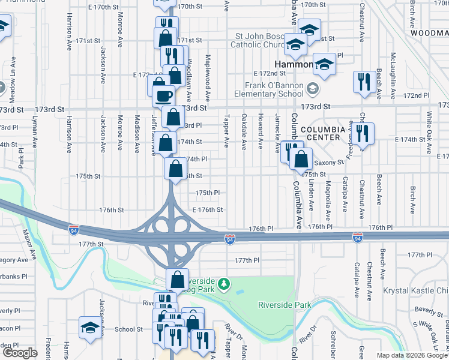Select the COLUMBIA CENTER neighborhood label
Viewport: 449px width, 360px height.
(x=323, y=133)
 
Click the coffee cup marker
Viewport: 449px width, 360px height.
(x=163, y=95)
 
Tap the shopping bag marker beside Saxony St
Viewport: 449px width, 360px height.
(x=302, y=160)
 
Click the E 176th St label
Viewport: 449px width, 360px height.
(x=208, y=210)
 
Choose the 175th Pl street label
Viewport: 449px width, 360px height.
(x=208, y=193)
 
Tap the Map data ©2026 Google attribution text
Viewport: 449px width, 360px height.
(x=411, y=355)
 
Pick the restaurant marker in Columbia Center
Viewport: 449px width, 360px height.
(x=362, y=133)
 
